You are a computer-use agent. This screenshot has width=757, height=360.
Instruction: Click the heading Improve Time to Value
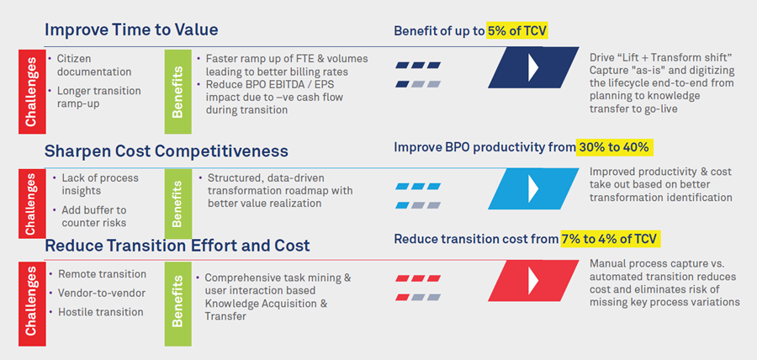(x=131, y=30)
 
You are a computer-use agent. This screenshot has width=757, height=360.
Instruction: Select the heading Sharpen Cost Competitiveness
(x=166, y=151)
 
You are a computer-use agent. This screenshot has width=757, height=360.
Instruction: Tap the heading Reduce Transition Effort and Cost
(x=177, y=245)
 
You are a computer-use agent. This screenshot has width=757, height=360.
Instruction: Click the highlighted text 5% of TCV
(x=517, y=31)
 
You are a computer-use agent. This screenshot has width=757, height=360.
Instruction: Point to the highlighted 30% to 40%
(x=614, y=147)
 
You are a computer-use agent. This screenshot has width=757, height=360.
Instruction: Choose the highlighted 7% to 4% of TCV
(x=611, y=240)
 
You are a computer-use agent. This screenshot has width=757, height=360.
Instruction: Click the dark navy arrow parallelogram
(x=533, y=67)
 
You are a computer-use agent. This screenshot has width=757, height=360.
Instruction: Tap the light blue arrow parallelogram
(x=533, y=188)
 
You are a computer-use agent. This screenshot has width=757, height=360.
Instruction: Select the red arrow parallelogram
(x=533, y=280)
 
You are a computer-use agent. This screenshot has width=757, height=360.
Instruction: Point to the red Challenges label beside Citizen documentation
(x=32, y=92)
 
